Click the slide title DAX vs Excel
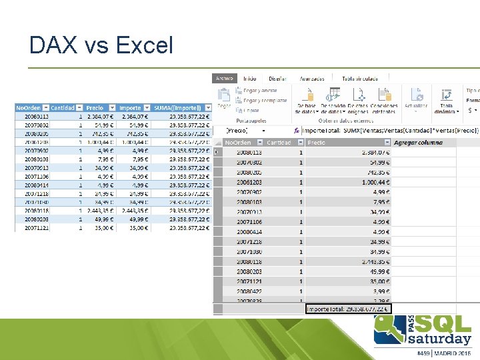pos(101,45)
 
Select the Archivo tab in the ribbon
pos(225,79)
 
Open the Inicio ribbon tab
pos(250,79)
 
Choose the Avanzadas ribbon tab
pos(312,79)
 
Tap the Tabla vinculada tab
pos(360,79)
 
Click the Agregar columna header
pos(418,143)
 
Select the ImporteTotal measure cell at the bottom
pos(349,309)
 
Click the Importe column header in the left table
pos(130,107)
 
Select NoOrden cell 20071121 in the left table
pos(31,227)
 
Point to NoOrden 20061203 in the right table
pos(249,182)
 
